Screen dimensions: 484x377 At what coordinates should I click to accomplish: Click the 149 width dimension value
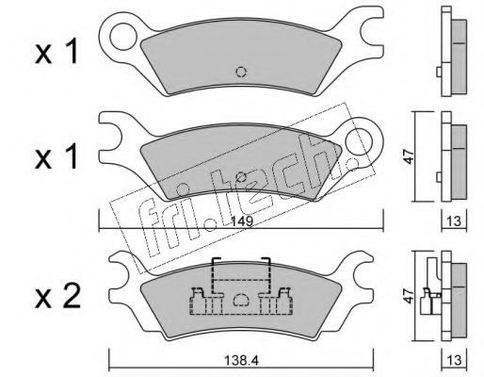click(242, 221)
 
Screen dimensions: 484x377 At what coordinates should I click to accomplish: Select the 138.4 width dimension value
click(241, 361)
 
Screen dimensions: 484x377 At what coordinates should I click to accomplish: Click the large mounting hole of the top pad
click(123, 37)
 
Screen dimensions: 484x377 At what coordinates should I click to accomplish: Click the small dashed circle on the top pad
click(241, 73)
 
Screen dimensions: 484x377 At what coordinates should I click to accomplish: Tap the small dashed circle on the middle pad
click(241, 177)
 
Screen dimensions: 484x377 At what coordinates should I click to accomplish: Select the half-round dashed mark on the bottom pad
click(241, 299)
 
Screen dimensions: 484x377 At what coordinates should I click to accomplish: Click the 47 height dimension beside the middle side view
click(409, 156)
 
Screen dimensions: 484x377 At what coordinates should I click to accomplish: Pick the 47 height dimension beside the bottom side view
click(409, 297)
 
